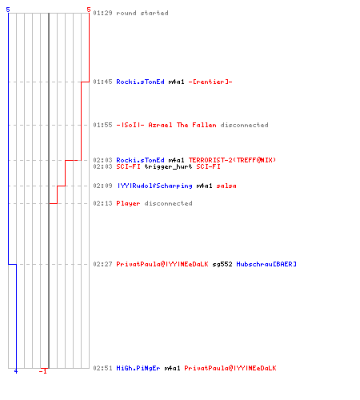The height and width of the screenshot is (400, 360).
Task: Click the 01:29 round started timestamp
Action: pos(102,13)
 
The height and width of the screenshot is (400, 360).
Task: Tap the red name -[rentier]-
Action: pos(210,82)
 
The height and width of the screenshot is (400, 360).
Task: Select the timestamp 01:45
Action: pos(102,82)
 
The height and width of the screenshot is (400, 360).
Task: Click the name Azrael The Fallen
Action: pos(182,125)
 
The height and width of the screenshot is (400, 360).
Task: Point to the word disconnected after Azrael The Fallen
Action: pos(245,125)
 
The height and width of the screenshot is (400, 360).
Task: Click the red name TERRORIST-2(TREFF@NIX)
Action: pos(232,160)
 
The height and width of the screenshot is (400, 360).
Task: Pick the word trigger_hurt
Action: pos(168,166)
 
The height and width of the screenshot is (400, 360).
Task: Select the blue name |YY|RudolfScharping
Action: pos(154,186)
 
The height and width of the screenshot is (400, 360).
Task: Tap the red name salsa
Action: pos(226,186)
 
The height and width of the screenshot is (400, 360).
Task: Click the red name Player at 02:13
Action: pos(128,203)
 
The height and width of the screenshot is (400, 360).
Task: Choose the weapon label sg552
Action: pos(222,264)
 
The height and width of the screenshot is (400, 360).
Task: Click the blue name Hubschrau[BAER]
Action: pos(266,264)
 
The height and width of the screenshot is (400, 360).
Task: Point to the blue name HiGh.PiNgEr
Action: pos(138,368)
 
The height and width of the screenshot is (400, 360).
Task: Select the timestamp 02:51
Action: pos(102,368)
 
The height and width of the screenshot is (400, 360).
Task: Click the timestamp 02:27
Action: pos(102,264)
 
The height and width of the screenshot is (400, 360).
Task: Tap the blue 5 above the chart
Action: pos(8,10)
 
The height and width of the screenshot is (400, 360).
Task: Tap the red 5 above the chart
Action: pos(89,10)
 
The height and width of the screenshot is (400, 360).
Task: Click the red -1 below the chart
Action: pos(43,371)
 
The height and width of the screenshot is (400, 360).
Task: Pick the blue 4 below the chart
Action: pos(16,371)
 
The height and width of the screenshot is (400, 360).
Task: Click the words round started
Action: pos(142,13)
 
